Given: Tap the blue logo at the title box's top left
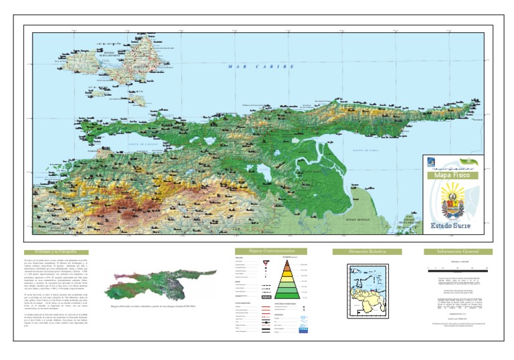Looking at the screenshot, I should (432, 162).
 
